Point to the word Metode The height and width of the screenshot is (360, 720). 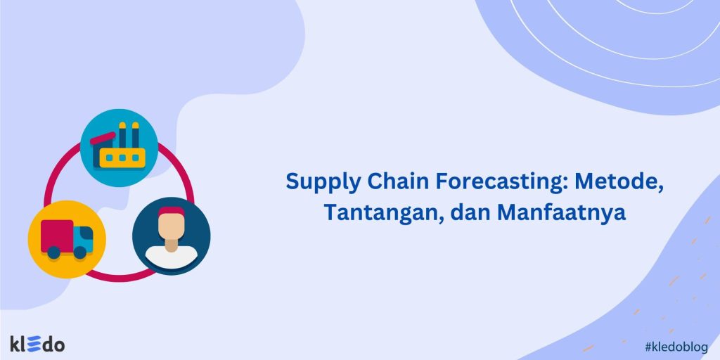coord(619,181)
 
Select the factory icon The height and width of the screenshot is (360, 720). coord(118,148)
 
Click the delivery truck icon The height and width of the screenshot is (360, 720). coord(67,238)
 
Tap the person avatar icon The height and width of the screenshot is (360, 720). coord(172,236)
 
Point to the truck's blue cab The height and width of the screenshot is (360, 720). coord(83,238)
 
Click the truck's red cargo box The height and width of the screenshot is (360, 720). coord(57,234)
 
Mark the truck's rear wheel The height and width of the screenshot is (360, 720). coord(53,252)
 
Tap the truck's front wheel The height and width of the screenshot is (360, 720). coord(80,252)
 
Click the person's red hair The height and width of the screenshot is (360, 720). coord(172,210)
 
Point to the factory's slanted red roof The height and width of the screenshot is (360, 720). coord(103,137)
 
